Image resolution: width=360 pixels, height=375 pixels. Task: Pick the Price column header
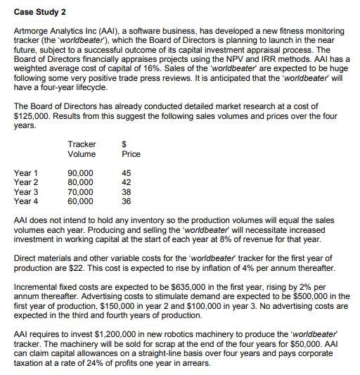tap(131, 154)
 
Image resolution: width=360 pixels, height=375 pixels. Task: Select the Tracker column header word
tap(82, 144)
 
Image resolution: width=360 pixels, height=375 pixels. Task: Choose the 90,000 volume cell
tap(80, 172)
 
